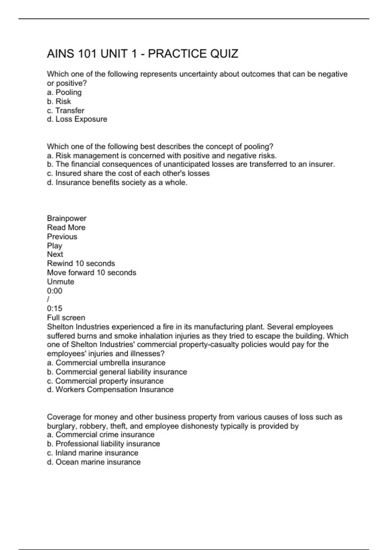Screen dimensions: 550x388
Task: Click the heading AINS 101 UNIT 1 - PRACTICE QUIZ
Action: coord(142,54)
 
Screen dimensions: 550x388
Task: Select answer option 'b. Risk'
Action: coord(59,101)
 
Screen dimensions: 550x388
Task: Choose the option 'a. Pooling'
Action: coord(64,92)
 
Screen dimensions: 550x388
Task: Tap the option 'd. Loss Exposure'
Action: coord(77,119)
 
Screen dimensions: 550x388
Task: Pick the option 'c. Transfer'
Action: coord(66,110)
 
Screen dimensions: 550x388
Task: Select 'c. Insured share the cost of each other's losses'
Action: coord(128,173)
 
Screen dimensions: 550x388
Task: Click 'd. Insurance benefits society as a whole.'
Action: coord(117,182)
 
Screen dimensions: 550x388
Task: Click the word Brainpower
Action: coord(67,218)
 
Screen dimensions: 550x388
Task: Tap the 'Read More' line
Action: coord(66,227)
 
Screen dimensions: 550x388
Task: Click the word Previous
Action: coord(62,236)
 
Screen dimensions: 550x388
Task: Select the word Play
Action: coord(54,246)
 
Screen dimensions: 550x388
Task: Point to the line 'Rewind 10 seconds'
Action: coord(81,263)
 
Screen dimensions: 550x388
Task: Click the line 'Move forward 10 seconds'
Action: coord(92,272)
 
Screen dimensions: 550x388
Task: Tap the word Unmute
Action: coord(60,281)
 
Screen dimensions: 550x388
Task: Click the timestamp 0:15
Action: coord(55,308)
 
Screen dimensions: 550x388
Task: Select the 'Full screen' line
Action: coord(66,317)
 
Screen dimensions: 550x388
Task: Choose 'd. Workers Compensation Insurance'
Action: coord(110,390)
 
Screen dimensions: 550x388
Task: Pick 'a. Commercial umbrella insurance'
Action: coord(106,363)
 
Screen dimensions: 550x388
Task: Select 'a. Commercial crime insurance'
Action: coord(101,434)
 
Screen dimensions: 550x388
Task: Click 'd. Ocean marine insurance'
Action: coord(94,462)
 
